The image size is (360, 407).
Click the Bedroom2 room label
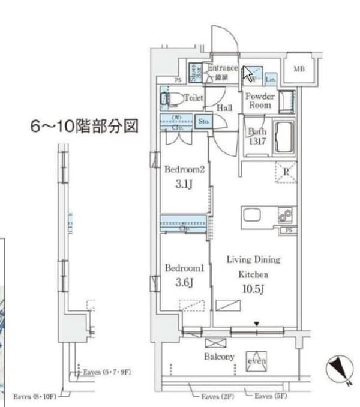[185, 170]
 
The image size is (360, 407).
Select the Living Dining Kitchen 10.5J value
[255, 289]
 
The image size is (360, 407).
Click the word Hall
[225, 108]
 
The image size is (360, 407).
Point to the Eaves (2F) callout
[218, 397]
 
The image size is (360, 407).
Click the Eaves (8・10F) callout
[35, 396]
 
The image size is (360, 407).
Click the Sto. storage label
[204, 121]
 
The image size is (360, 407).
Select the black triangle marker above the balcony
[257, 325]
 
